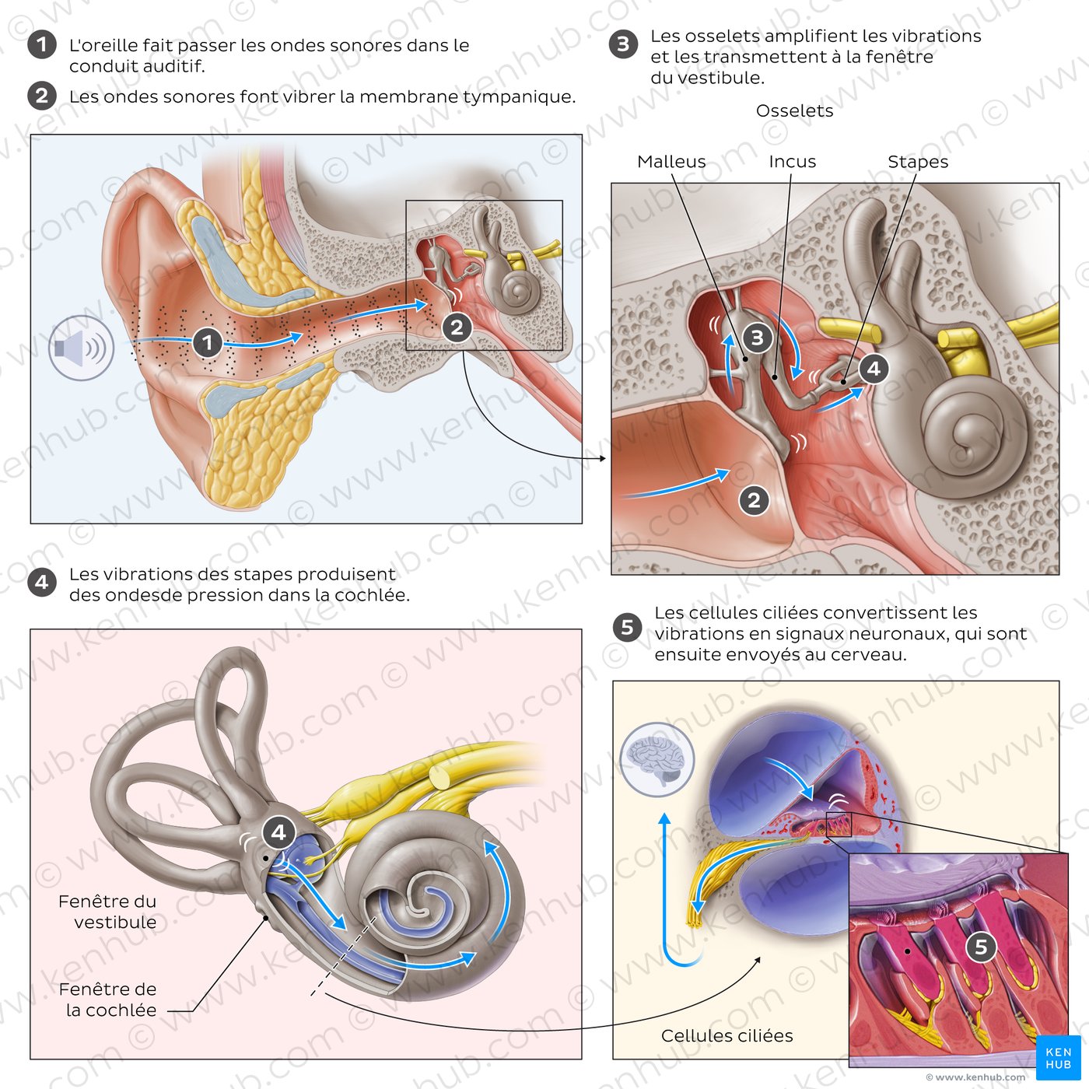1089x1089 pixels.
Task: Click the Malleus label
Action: [x=671, y=162]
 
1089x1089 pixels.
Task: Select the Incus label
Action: [x=793, y=162]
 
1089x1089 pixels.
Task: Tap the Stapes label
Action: [x=918, y=163]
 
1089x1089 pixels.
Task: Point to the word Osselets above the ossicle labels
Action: [x=794, y=110]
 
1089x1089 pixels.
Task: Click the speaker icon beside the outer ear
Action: [x=82, y=348]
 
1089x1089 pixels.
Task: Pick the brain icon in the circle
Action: [x=657, y=759]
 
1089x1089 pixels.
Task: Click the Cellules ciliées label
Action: [x=727, y=1036]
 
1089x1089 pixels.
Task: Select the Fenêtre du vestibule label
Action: [x=107, y=912]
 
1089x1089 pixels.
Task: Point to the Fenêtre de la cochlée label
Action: [x=107, y=1000]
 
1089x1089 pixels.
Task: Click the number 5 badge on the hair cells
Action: [x=982, y=947]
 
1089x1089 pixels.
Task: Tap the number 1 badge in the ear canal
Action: [x=208, y=342]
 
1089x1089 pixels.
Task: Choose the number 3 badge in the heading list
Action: [x=623, y=44]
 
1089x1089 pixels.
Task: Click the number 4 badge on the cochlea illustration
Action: [x=278, y=832]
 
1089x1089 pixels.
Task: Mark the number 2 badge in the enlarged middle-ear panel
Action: [x=754, y=501]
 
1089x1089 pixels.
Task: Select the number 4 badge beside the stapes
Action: [x=874, y=369]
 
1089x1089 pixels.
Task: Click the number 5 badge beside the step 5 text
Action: [x=627, y=628]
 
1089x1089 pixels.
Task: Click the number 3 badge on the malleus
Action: [x=758, y=338]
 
